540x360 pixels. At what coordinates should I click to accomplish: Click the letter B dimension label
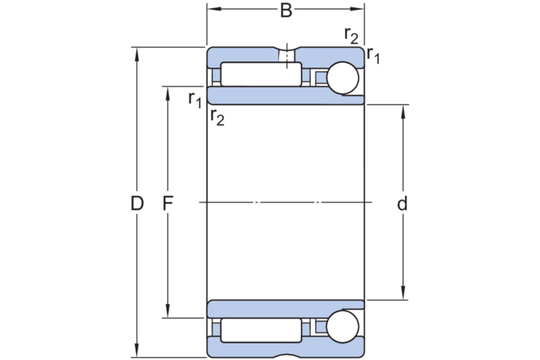coord(286,11)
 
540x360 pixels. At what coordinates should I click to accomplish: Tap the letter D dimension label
coord(137,204)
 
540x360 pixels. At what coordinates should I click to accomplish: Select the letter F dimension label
coord(169,204)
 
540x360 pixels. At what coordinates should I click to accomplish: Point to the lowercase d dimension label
coord(403,204)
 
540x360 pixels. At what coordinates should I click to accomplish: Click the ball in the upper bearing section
coord(342,78)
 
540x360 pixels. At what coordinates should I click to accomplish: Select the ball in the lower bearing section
coord(342,326)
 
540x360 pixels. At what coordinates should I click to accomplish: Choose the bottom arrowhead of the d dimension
coord(404,294)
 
